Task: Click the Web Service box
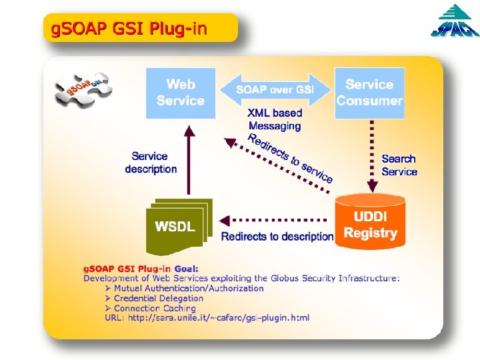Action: pos(181,93)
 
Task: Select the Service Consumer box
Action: pos(369,93)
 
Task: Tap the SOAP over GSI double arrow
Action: pos(275,89)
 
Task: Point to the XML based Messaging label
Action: pos(275,119)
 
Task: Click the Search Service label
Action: pos(399,165)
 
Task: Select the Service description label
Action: pos(151,163)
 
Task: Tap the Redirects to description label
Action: pos(277,237)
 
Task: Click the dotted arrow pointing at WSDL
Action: pos(273,219)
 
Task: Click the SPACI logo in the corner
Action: pos(453,23)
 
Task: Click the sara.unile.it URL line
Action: pos(207,318)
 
